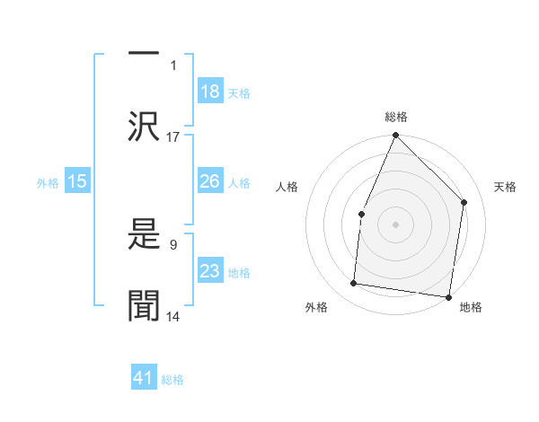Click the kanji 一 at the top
click(x=145, y=52)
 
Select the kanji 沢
click(x=145, y=127)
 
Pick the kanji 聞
click(x=145, y=306)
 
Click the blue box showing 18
click(x=210, y=91)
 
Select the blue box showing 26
click(x=210, y=181)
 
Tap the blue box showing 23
click(x=210, y=271)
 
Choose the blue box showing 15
click(x=77, y=181)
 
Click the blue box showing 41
click(x=144, y=378)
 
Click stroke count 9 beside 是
click(x=172, y=242)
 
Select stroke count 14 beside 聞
click(x=173, y=316)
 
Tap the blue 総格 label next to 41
click(x=172, y=380)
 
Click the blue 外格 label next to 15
click(x=48, y=183)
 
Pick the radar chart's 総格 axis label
click(x=396, y=117)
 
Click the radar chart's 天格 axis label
click(x=506, y=187)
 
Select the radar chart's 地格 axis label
click(x=471, y=307)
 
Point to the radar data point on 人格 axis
click(x=361, y=214)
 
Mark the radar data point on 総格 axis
click(x=396, y=136)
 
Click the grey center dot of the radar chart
click(x=396, y=224)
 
